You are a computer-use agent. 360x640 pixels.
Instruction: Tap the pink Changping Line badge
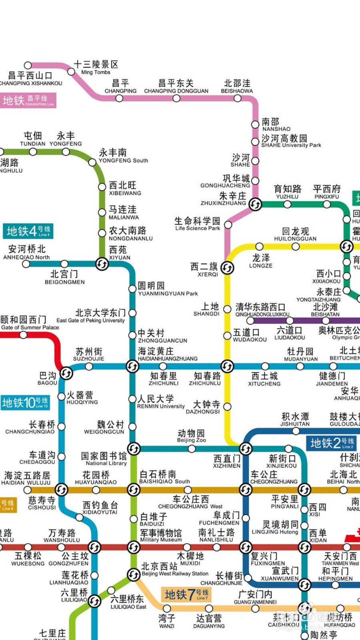coord(28,100)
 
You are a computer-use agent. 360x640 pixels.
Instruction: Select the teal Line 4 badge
coord(28,231)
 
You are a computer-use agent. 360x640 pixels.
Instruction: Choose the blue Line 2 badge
coord(332,443)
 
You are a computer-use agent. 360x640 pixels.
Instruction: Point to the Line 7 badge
coord(186,594)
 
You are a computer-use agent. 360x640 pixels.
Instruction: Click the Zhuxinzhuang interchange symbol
coord(255,204)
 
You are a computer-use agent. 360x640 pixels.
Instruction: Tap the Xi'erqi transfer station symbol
coord(227,268)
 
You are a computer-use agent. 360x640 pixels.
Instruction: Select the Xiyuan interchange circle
coord(102,264)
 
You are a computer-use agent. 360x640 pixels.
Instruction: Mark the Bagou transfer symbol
coord(66,373)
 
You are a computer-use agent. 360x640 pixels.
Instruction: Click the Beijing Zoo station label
coord(191,436)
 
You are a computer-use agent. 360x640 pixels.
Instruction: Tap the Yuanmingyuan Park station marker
coord(132,289)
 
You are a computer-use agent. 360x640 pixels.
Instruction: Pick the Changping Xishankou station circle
coord(28,65)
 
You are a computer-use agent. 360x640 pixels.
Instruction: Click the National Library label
coord(104,459)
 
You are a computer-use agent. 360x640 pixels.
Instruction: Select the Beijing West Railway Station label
coord(175,570)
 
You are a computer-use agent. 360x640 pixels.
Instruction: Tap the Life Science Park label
coord(197,224)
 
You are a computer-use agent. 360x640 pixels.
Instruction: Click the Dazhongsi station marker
coord(227,406)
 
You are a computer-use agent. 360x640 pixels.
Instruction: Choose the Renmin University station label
coord(161,402)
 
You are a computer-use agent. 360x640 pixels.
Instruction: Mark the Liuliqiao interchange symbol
coord(94,601)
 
